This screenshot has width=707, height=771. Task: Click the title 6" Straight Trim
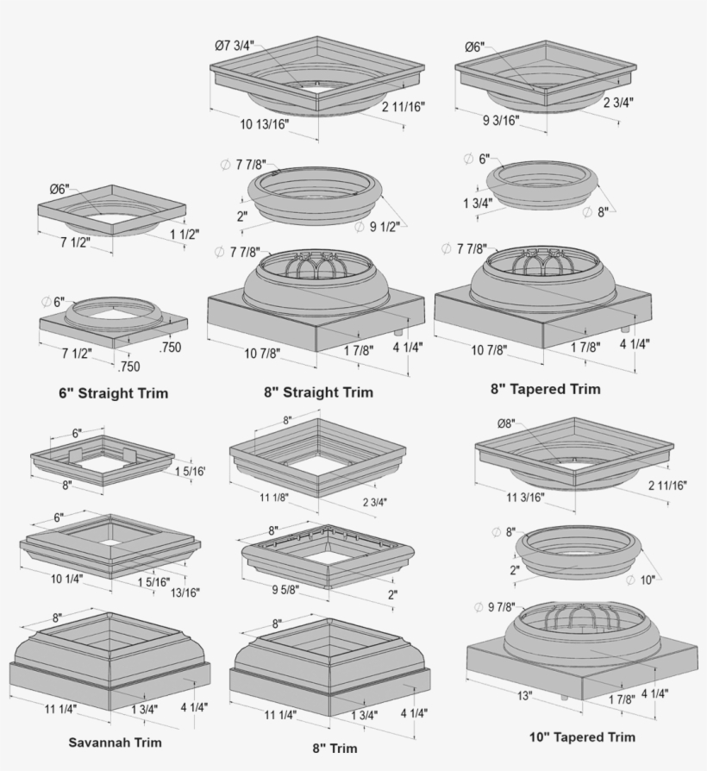[113, 393]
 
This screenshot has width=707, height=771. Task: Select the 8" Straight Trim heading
[318, 392]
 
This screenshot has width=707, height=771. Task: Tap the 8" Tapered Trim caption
[545, 389]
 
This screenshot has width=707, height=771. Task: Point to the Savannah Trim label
[115, 742]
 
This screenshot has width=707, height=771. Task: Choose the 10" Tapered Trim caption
[582, 737]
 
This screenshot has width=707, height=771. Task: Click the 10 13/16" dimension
[264, 123]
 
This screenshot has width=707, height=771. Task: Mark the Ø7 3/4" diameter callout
[235, 46]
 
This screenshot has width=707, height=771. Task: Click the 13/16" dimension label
[186, 592]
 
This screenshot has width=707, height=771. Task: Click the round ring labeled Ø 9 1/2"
[316, 194]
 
